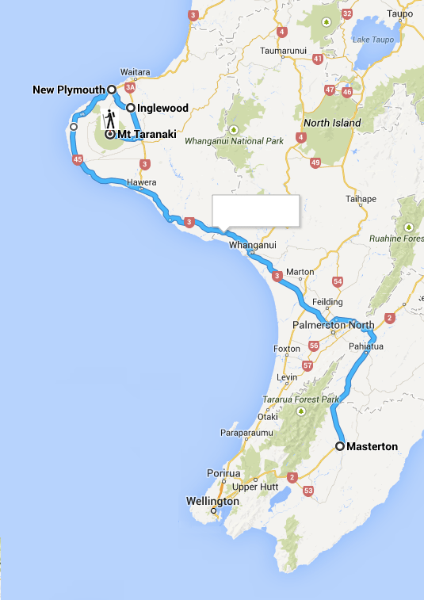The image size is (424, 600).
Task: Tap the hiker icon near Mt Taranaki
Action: click(109, 120)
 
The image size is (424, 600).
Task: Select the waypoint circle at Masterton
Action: click(340, 446)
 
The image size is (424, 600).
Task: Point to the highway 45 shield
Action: click(77, 160)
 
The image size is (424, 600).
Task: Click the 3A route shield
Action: click(131, 89)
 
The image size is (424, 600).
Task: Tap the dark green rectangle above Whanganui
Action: click(257, 211)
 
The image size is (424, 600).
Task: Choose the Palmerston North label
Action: click(333, 326)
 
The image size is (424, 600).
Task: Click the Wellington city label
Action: click(212, 501)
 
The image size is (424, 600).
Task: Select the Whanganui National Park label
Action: click(234, 141)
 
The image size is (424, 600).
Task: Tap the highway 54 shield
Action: click(338, 281)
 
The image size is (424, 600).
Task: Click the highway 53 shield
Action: click(308, 491)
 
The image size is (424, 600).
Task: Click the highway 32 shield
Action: click(346, 13)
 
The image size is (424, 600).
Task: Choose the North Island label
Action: click(333, 123)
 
